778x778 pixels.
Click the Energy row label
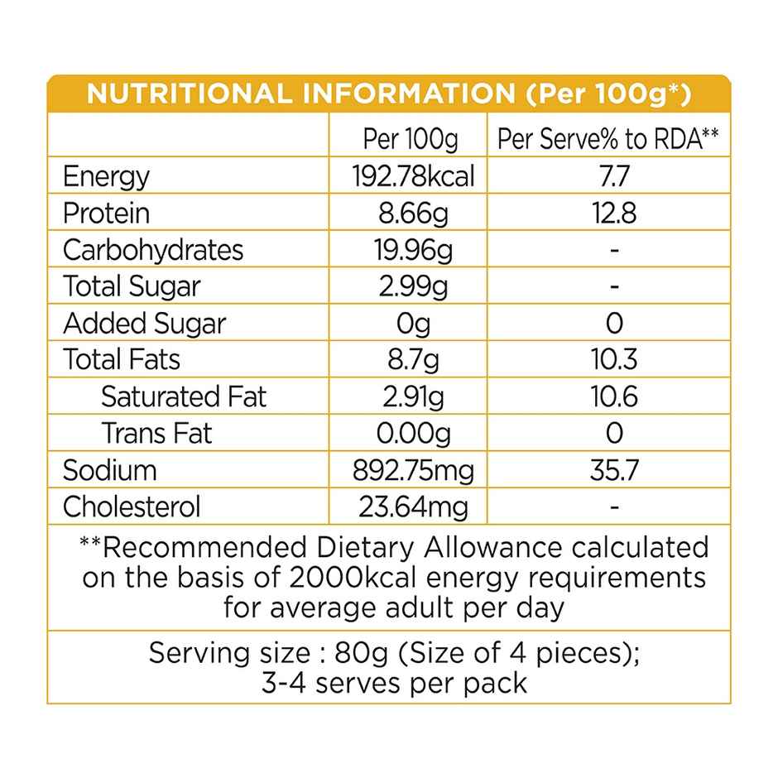tap(106, 176)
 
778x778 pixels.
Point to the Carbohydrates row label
tap(153, 250)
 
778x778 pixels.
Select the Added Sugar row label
tap(144, 323)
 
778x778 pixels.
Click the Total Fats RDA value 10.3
tap(613, 360)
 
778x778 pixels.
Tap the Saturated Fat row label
tap(184, 396)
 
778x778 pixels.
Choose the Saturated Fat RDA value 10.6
tap(613, 396)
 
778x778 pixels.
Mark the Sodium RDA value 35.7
tap(613, 470)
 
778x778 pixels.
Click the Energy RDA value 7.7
tap(613, 176)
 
